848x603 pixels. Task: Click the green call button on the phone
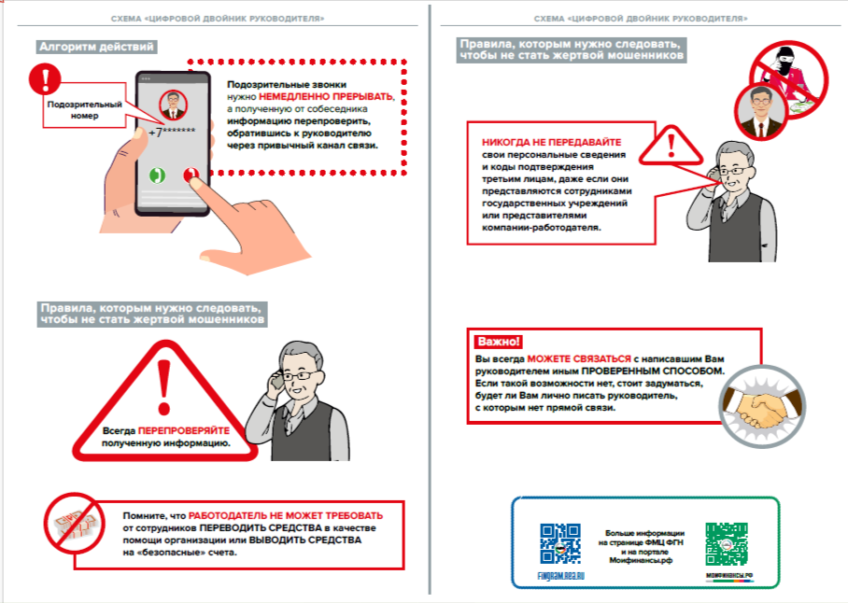tap(158, 175)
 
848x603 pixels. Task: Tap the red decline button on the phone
tap(191, 175)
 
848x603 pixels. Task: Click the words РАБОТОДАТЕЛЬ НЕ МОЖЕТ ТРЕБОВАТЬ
tap(286, 515)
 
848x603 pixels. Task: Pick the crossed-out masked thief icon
tap(786, 68)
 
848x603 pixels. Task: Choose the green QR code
tap(727, 543)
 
